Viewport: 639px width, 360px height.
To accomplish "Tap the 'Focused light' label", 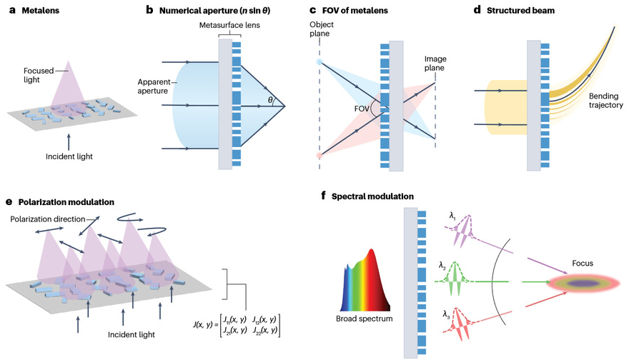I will click(x=38, y=76).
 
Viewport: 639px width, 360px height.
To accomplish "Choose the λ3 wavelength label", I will click(x=446, y=313).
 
